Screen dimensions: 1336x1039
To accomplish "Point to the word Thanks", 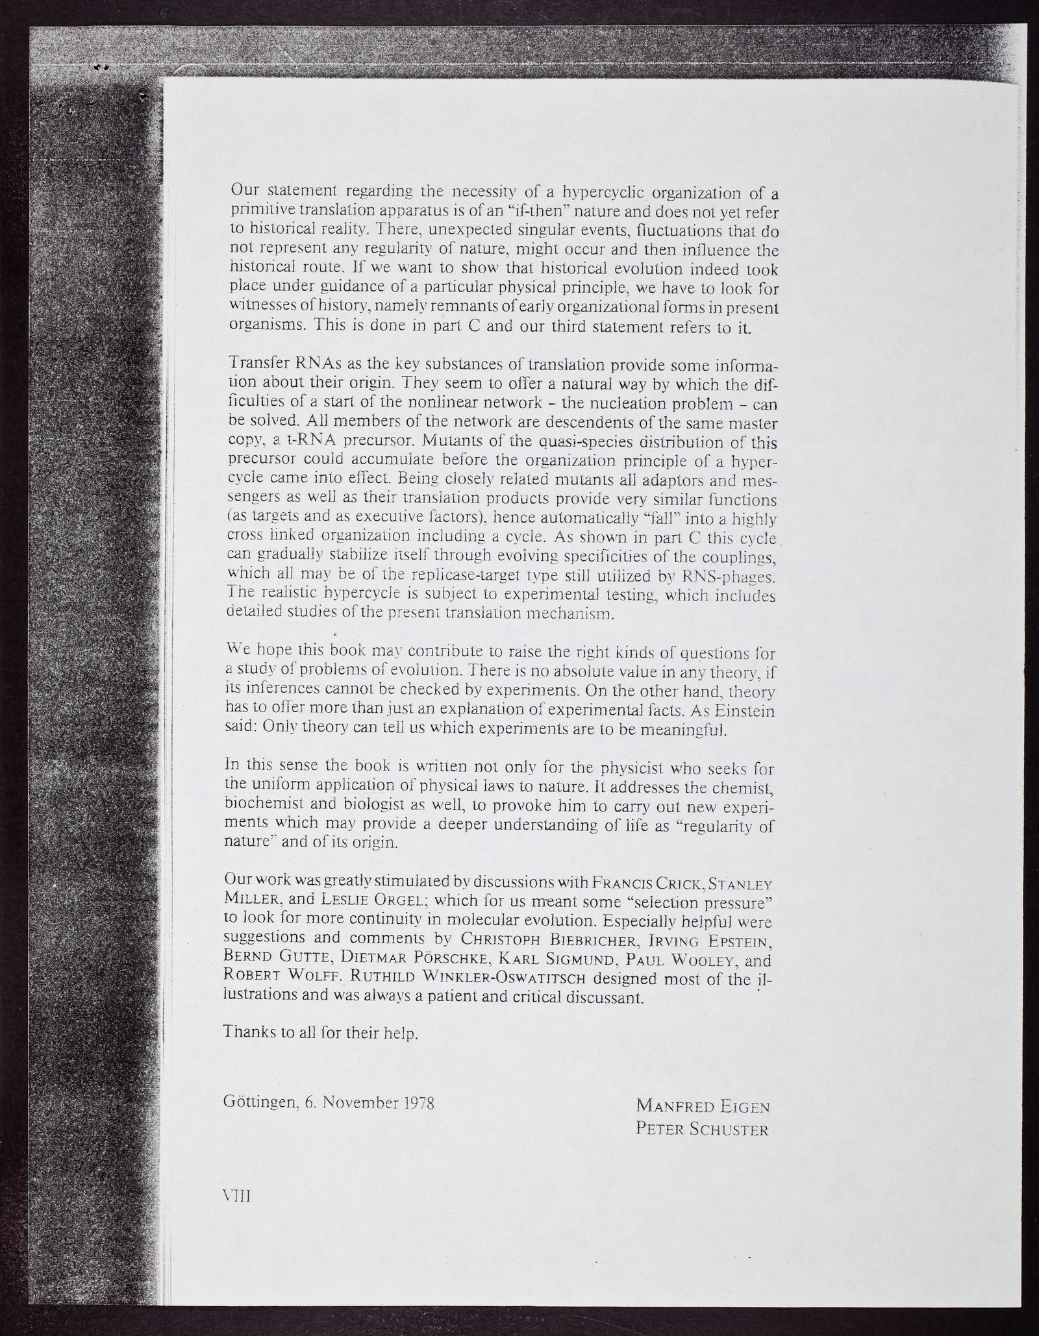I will click(250, 1033).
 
